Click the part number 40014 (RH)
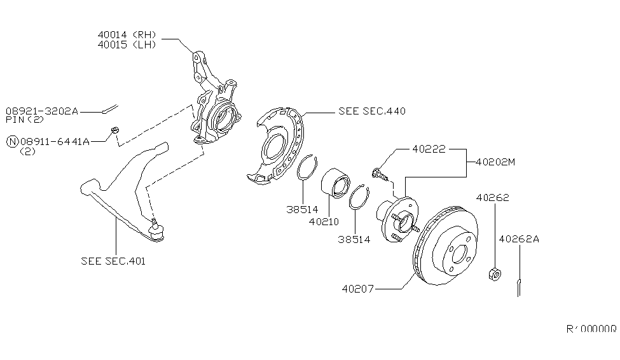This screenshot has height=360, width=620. (127, 34)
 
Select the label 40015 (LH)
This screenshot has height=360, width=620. (127, 45)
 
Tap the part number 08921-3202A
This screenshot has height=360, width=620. (42, 111)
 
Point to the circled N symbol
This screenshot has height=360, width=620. (11, 141)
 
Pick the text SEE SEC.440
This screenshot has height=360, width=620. (372, 111)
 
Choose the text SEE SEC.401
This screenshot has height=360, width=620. (113, 261)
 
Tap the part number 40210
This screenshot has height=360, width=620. (324, 222)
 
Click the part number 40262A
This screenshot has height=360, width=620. (518, 239)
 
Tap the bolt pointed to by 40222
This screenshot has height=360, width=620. (379, 172)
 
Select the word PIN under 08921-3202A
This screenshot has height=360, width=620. (14, 120)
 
